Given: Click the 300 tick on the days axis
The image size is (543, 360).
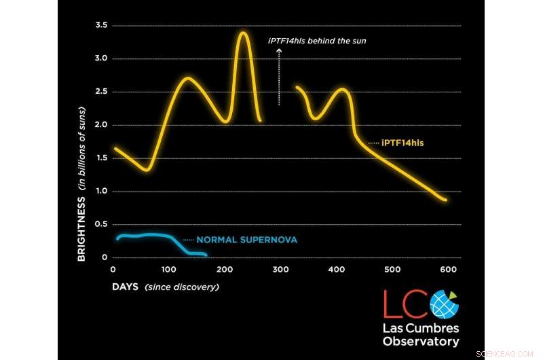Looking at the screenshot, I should click(280, 270).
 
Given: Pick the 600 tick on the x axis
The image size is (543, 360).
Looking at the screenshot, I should click(448, 270).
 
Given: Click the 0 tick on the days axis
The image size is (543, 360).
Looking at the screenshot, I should click(113, 270).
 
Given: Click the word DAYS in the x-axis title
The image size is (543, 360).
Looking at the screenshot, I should click(126, 287).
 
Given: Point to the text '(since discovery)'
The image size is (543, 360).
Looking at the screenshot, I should click(182, 287).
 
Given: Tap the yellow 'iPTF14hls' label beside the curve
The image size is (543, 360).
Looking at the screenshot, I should click(402, 143).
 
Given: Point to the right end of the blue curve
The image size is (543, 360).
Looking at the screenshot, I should click(206, 255).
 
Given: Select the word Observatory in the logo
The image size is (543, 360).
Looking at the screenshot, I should click(421, 342).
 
